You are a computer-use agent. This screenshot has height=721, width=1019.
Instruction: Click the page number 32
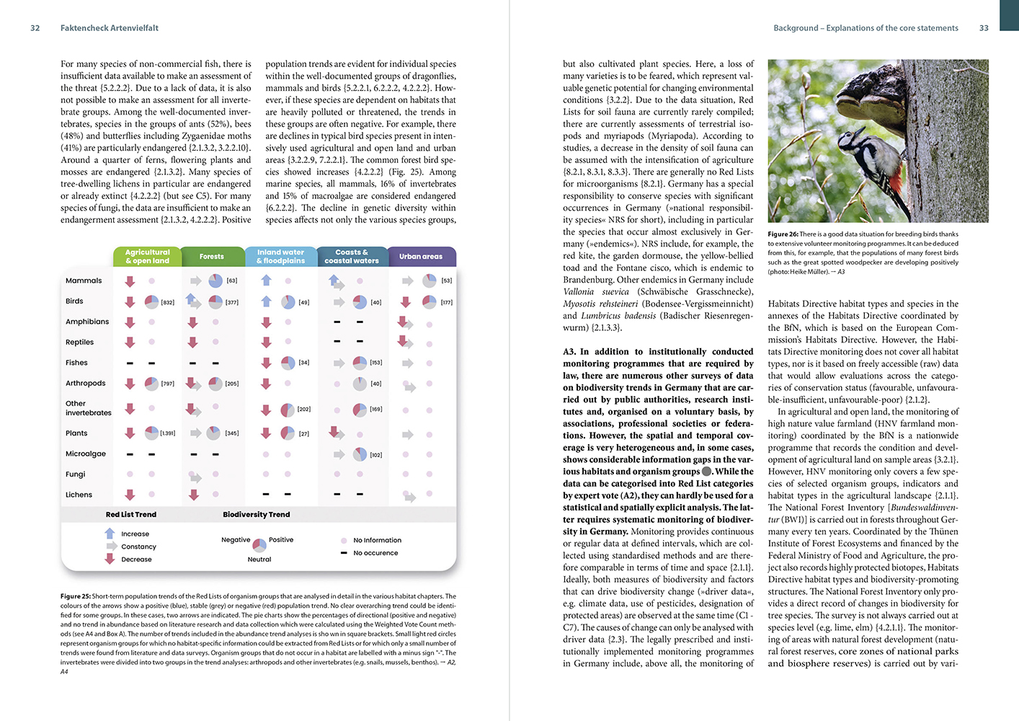point(35,28)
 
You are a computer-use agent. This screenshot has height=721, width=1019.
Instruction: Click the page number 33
point(984,28)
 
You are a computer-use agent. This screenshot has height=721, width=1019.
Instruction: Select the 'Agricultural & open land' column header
point(147,257)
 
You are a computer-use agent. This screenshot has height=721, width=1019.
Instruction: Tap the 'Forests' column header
point(211,257)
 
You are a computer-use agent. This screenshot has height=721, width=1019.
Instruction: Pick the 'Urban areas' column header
point(421,257)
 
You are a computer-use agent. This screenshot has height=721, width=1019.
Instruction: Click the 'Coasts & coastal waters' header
point(352,257)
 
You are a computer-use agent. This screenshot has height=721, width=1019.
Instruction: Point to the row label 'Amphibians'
point(87,322)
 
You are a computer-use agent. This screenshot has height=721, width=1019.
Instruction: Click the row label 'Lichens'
point(79,495)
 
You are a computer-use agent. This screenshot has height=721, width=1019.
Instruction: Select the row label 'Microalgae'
point(86,454)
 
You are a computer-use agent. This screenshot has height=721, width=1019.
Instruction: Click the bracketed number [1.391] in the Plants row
point(167,433)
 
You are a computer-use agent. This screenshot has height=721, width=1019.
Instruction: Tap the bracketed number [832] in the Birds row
point(167,302)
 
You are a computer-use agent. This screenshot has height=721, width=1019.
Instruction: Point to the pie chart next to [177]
point(430,302)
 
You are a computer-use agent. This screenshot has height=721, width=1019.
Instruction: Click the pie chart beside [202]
point(287,410)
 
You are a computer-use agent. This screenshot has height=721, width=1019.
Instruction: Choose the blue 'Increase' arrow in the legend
point(110,534)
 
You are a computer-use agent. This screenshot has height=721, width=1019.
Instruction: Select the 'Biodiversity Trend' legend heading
point(256,515)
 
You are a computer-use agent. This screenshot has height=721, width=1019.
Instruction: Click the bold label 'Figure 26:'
point(783,234)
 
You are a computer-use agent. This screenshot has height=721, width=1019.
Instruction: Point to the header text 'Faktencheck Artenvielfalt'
point(109,28)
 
